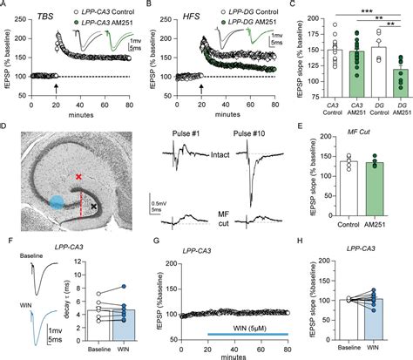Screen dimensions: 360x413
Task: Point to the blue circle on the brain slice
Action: click(x=54, y=202)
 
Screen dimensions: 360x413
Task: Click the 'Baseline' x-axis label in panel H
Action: click(x=353, y=347)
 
